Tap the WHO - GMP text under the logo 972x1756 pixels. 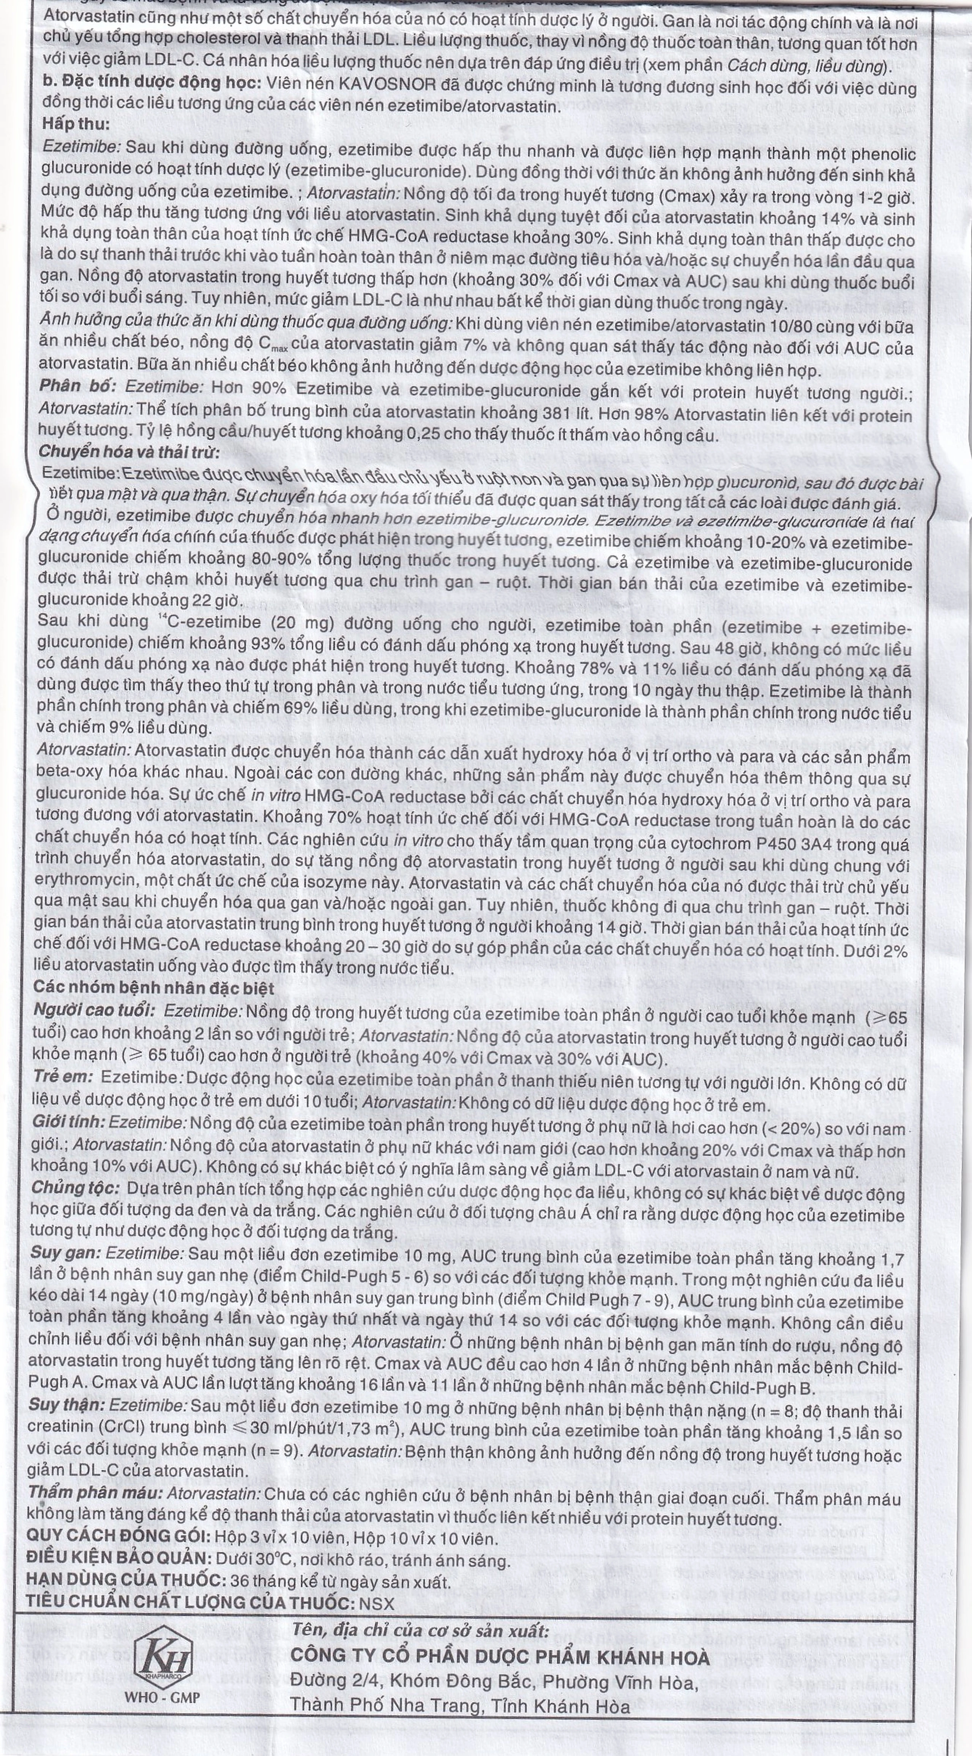[x=162, y=1635]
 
